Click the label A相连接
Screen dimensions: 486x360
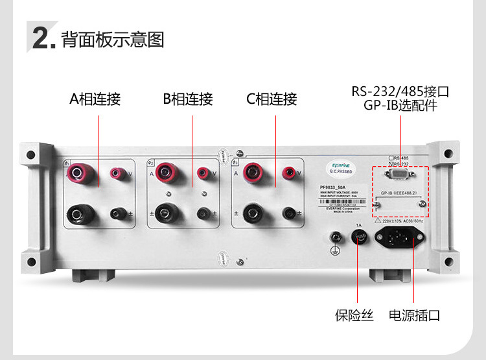coord(95,99)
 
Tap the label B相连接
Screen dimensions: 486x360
coord(188,99)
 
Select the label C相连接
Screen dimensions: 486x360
coord(272,99)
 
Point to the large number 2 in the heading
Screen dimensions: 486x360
coord(41,39)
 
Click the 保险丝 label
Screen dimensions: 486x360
coord(354,316)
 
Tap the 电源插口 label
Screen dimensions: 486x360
coord(414,316)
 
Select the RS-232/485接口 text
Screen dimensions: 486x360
coord(400,91)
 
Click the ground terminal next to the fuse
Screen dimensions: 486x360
coord(336,239)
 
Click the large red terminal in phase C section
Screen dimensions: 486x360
coord(249,173)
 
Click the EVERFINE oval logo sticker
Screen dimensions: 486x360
coord(341,168)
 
